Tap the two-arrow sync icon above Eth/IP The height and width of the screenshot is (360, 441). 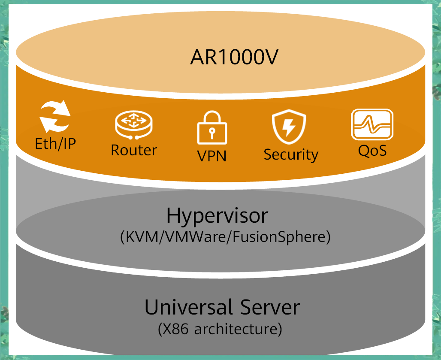tap(55, 116)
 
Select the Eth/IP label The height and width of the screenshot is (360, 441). tap(55, 144)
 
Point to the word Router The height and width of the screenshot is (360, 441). tap(134, 150)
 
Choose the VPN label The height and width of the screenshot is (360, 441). tap(212, 155)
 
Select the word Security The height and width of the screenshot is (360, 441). tap(291, 154)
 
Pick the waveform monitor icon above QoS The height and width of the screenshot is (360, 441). tap(372, 124)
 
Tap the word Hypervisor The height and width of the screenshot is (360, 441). tap(217, 215)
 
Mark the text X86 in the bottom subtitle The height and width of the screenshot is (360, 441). tap(176, 330)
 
